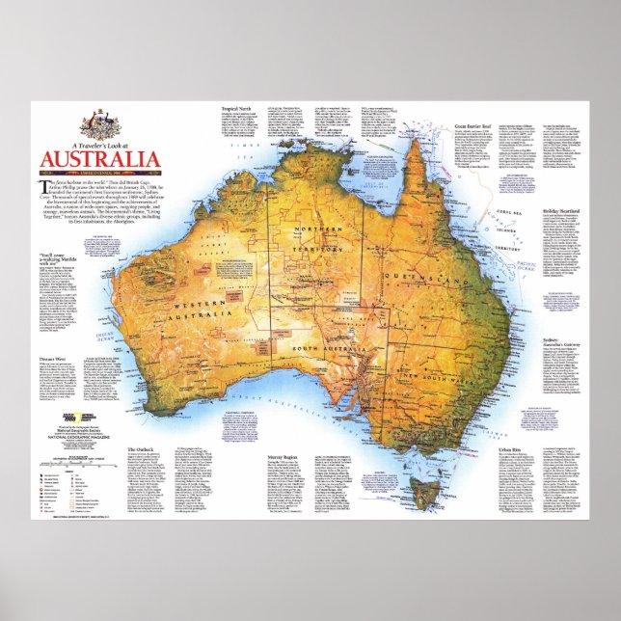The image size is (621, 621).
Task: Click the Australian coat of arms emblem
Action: coord(97,121)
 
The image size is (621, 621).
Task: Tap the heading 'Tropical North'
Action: coord(236,108)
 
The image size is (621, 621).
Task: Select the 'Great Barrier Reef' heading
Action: coord(473,126)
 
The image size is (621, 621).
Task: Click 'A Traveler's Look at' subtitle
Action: coord(95,141)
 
